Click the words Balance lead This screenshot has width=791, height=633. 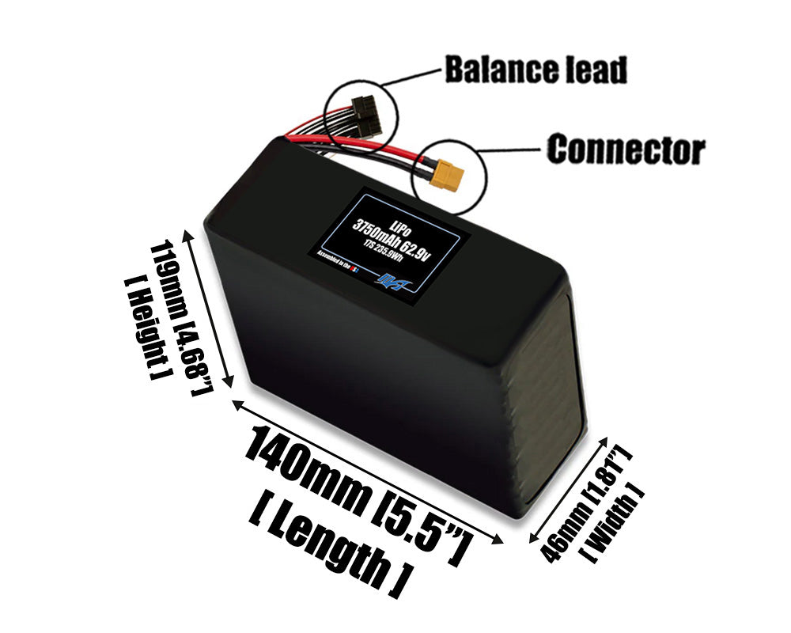coord(536,70)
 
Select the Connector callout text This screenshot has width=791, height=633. coord(625,149)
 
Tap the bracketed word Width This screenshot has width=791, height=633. coord(615,522)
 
